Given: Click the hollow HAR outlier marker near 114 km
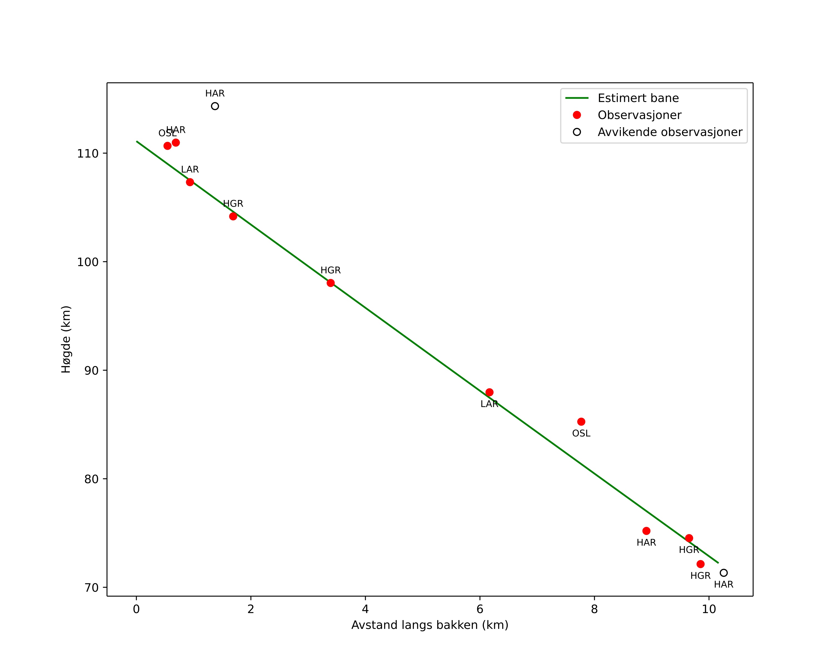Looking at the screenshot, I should [x=215, y=106].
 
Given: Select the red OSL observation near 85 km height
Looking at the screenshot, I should [x=581, y=421].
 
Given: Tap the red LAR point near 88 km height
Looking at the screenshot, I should [x=489, y=392].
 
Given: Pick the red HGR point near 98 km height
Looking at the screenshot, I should [x=330, y=283].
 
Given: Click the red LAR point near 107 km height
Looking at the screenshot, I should [x=190, y=182].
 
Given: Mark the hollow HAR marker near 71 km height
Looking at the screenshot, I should [x=723, y=573].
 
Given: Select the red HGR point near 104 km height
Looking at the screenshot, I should [x=233, y=216].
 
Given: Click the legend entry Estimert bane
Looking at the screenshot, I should [x=638, y=98].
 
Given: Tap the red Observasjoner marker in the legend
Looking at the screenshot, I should [x=577, y=115].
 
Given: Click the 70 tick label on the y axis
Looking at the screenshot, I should [x=91, y=588].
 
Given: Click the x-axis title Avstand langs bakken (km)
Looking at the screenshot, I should [x=430, y=625].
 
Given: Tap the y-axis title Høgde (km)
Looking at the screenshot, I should [x=66, y=339].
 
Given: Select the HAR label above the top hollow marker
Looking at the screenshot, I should [x=215, y=94].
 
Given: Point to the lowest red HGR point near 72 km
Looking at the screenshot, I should [x=701, y=564].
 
